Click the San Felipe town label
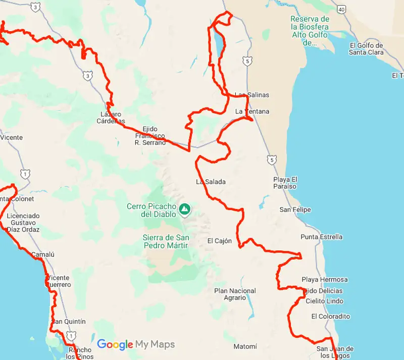pos(295,210)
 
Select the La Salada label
pos(211,181)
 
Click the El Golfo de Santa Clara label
pos(366,48)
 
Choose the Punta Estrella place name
pos(321,237)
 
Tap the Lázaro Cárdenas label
pos(111,117)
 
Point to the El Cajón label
pos(220,241)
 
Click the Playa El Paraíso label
pos(285,183)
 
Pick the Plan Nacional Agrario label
pos(235,294)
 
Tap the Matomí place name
pos(245,346)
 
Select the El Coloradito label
pos(331,317)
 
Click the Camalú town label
pos(42,254)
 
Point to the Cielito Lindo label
pos(324,301)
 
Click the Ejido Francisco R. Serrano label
pos(150,136)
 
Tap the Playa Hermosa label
pos(325,279)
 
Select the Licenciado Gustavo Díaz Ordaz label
pos(23,223)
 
